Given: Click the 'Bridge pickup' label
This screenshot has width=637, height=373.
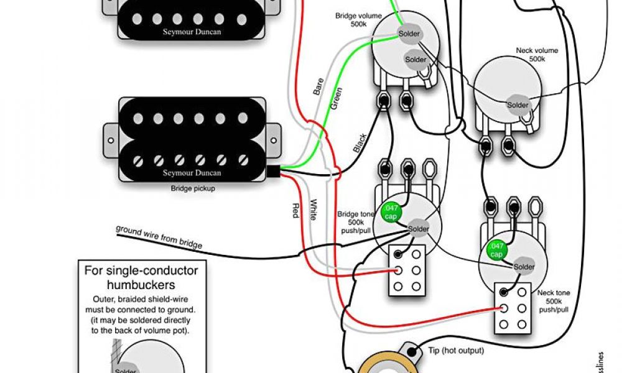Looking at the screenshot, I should click(x=193, y=188).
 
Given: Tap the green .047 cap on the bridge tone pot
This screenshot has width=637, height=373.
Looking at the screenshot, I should click(x=392, y=212).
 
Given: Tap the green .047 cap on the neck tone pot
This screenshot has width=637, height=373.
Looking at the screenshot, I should click(x=496, y=250).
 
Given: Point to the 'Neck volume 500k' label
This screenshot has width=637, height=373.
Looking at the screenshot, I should click(x=537, y=54).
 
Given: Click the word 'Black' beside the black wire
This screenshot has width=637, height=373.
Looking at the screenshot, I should click(x=360, y=144).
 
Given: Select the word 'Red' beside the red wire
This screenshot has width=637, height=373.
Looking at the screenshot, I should click(x=295, y=210).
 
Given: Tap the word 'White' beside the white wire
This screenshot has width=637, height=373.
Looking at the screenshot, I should click(x=314, y=210).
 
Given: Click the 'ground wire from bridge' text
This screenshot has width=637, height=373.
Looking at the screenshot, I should click(x=159, y=236).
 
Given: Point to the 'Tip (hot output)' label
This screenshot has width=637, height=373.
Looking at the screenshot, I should click(x=456, y=351).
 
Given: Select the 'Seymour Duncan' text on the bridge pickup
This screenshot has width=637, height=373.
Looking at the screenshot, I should click(x=192, y=172).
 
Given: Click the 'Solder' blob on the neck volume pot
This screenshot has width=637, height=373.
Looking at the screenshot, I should click(x=518, y=104).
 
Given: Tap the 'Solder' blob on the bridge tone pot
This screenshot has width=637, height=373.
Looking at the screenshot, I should click(x=419, y=229).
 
